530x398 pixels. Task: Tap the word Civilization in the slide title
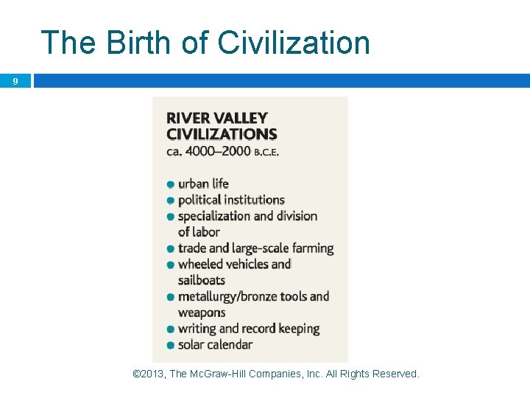[294, 43]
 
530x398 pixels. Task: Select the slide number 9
[15, 81]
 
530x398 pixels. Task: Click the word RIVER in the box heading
[188, 118]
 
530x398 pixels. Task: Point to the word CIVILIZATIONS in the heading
[222, 134]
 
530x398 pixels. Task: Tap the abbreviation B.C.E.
[266, 152]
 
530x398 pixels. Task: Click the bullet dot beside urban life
[171, 184]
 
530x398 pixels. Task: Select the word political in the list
[200, 200]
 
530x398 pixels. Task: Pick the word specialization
[214, 216]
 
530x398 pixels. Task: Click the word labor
[205, 232]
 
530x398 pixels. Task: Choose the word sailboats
[201, 280]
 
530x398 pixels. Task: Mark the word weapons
[202, 313]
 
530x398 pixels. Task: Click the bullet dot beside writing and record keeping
[171, 329]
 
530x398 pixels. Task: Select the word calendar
[229, 344]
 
